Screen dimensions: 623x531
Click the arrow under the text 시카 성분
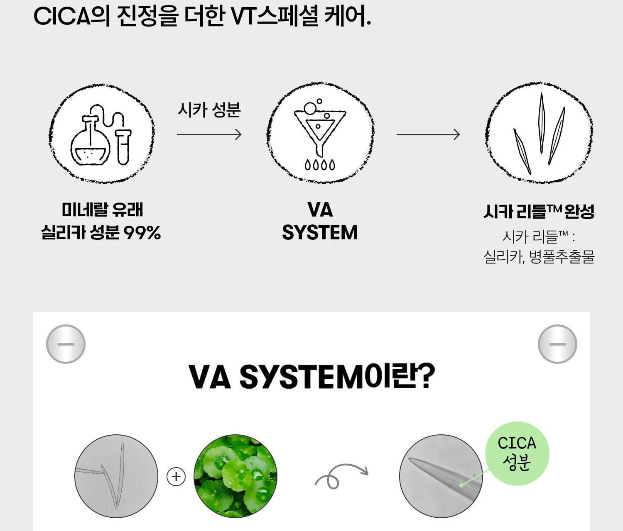tap(209, 134)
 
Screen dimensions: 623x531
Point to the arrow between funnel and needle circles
tap(428, 134)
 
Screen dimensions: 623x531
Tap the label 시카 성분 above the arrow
tap(209, 110)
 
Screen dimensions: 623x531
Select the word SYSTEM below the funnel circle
tap(320, 233)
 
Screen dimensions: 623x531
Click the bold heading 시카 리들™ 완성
tap(539, 211)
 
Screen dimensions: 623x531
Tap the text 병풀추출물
tap(562, 257)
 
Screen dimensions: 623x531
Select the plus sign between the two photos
tap(176, 477)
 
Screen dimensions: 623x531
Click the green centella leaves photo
tap(235, 476)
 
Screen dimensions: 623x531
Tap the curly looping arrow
tap(341, 475)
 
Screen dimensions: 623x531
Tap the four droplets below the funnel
tap(320, 165)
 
